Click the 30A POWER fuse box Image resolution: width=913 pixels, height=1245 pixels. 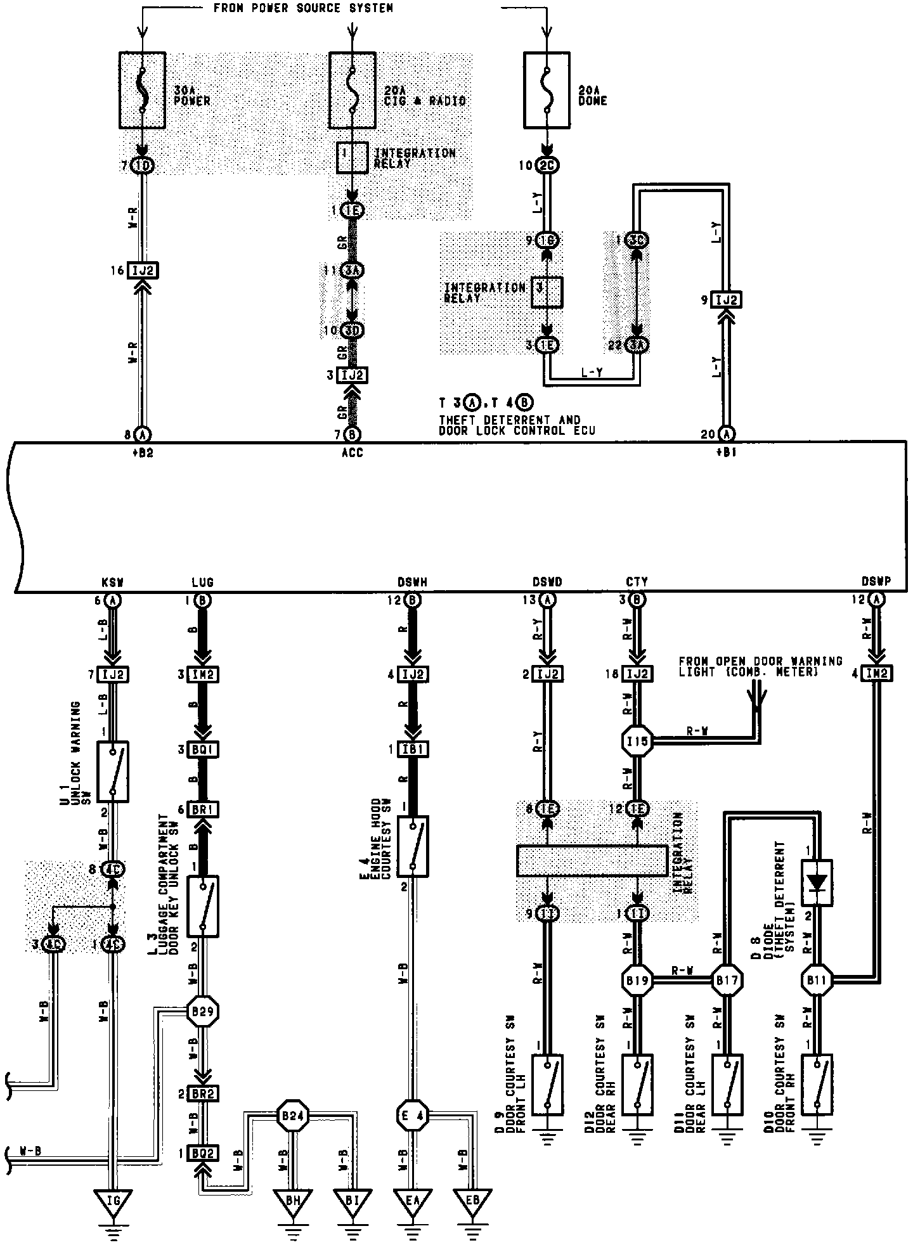[143, 89]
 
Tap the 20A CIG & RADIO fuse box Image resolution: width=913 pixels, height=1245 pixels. [353, 89]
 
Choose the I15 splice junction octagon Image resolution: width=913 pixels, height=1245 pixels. [637, 740]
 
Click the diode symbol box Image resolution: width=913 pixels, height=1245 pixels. [817, 882]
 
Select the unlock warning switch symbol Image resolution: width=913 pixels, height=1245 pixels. [112, 771]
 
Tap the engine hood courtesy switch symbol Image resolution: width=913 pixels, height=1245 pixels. [413, 846]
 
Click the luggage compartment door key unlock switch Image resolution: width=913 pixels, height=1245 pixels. [203, 906]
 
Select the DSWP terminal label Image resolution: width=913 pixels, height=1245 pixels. [876, 582]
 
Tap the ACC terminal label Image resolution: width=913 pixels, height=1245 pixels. [353, 453]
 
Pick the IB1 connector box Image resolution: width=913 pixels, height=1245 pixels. [413, 749]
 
